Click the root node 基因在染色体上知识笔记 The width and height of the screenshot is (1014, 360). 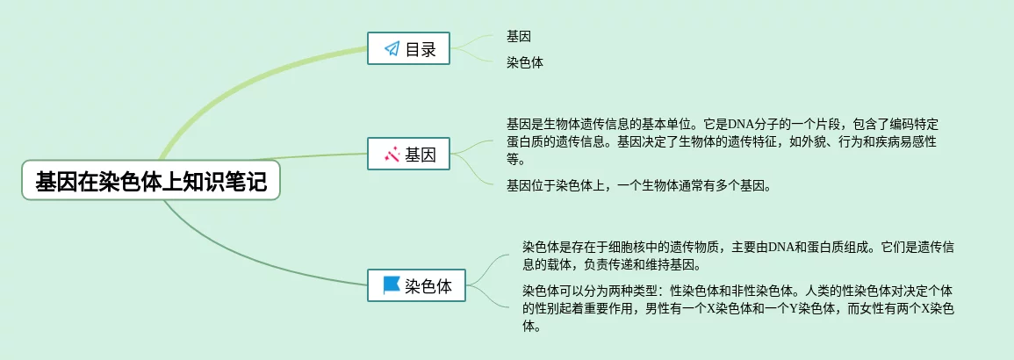pyautogui.click(x=150, y=182)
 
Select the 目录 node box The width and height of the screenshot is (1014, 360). pyautogui.click(x=408, y=49)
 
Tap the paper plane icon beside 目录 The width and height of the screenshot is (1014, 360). pyautogui.click(x=392, y=49)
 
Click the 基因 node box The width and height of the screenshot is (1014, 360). pyautogui.click(x=408, y=155)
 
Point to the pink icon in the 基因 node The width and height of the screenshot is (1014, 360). pyautogui.click(x=392, y=155)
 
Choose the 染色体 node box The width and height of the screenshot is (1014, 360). pyautogui.click(x=417, y=285)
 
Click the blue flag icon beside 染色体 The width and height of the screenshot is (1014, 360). pyautogui.click(x=392, y=285)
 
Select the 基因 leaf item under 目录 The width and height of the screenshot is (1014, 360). pyautogui.click(x=519, y=36)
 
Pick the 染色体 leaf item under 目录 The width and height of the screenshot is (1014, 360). pyautogui.click(x=525, y=62)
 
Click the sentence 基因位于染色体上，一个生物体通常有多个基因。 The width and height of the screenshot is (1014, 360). pyautogui.click(x=639, y=185)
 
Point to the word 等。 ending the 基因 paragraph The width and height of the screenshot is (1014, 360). pyautogui.click(x=515, y=160)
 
